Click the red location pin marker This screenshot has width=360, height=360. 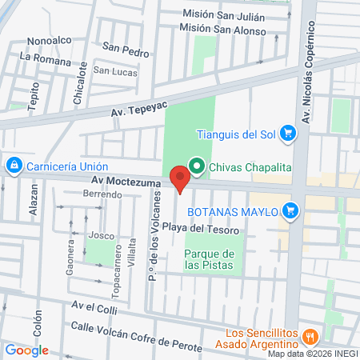click(180, 177)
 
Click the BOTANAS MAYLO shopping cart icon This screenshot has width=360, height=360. click(292, 211)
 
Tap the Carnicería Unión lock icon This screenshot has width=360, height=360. click(13, 166)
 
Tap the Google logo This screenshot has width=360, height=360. click(26, 350)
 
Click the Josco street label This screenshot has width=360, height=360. click(101, 235)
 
